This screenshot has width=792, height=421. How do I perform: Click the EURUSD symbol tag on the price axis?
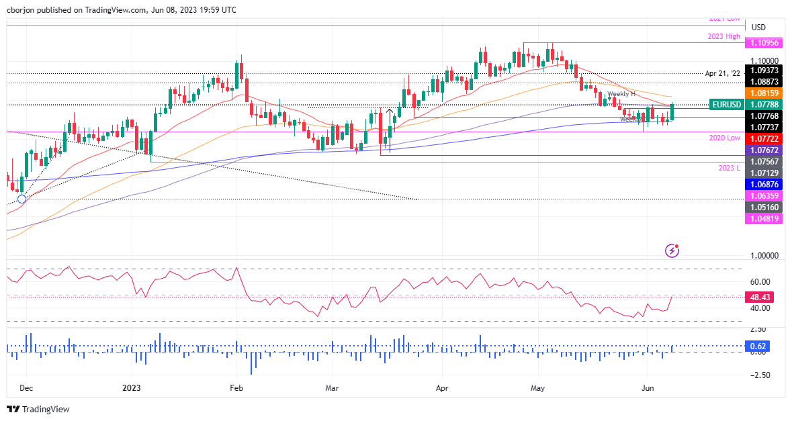[726, 105]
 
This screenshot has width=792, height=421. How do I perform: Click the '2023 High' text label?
[723, 37]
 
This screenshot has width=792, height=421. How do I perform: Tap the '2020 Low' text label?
[725, 138]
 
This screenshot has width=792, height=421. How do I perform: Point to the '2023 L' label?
[729, 168]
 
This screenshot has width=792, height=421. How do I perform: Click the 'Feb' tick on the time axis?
[236, 387]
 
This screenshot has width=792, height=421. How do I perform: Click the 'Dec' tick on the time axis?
[26, 387]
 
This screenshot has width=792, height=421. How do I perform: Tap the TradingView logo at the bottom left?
[38, 409]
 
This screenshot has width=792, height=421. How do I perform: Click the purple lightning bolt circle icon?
[673, 250]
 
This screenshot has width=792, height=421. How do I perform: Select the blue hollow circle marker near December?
[22, 199]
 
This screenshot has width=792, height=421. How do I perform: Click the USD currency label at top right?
[758, 28]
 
